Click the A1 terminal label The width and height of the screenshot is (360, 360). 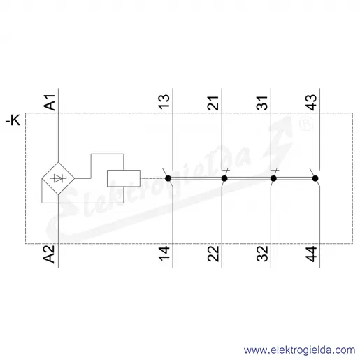pyautogui.click(x=50, y=102)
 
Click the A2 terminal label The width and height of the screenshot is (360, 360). pyautogui.click(x=49, y=254)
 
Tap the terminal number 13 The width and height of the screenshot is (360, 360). pyautogui.click(x=164, y=102)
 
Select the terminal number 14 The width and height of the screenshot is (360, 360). pyautogui.click(x=164, y=253)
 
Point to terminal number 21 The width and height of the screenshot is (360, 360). pyautogui.click(x=213, y=103)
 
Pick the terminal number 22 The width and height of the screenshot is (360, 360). pyautogui.click(x=213, y=254)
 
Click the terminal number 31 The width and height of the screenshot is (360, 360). pyautogui.click(x=262, y=103)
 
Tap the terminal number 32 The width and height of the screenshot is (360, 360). pyautogui.click(x=262, y=254)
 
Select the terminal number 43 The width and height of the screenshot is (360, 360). pyautogui.click(x=311, y=102)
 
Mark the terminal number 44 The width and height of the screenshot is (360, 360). pyautogui.click(x=311, y=254)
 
